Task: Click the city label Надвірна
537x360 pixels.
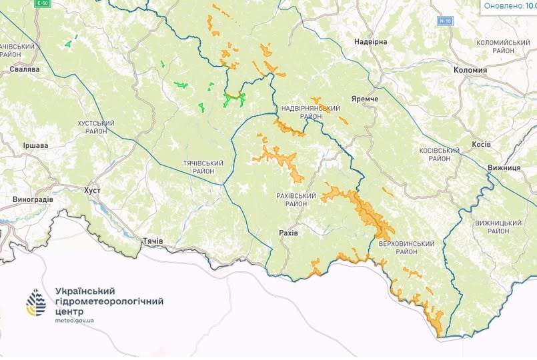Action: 370,41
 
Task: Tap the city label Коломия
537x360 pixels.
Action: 470,69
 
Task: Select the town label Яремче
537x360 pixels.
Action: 364,99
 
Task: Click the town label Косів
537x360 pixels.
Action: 481,144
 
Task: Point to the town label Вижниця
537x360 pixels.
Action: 504,167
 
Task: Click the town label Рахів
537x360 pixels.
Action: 288,232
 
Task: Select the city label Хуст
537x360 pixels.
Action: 92,190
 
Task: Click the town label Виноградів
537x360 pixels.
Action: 33,199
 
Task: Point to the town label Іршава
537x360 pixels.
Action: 35,145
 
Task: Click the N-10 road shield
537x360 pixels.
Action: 445,21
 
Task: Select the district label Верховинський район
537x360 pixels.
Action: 406,247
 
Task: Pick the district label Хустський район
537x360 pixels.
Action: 97,127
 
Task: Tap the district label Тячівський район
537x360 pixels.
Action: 199,167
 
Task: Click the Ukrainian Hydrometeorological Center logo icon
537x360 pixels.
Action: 36,303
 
